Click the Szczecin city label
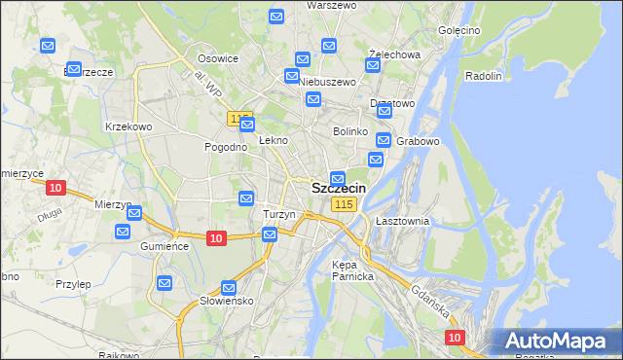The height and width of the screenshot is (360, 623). pyautogui.click(x=339, y=189)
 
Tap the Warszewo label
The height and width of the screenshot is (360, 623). pyautogui.click(x=304, y=5)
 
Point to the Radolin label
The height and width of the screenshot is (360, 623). pyautogui.click(x=483, y=76)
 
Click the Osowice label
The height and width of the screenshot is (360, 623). pyautogui.click(x=219, y=58)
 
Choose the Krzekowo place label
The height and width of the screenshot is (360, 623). pyautogui.click(x=128, y=126)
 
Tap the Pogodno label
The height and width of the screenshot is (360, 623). pyautogui.click(x=224, y=147)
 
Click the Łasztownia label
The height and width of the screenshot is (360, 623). pyautogui.click(x=402, y=221)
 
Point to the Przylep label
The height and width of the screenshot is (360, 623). pyautogui.click(x=73, y=284)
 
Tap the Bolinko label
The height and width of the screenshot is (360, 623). pyautogui.click(x=349, y=130)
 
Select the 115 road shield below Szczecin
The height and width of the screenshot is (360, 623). pyautogui.click(x=344, y=204)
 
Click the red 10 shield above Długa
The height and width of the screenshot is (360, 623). pyautogui.click(x=55, y=188)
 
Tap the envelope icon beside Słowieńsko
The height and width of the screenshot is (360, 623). pyautogui.click(x=229, y=288)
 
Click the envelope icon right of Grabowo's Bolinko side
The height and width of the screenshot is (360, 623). pyautogui.click(x=383, y=140)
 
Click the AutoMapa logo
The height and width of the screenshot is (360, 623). pyautogui.click(x=556, y=342)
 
